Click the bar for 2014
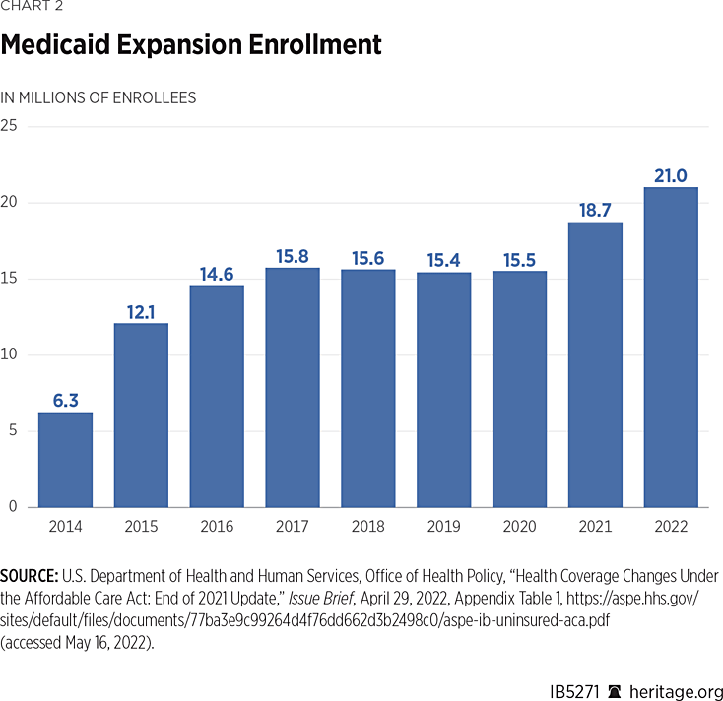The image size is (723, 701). (65, 459)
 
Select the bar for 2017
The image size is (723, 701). (293, 387)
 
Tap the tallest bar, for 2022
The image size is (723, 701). (670, 347)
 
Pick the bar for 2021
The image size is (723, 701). (594, 364)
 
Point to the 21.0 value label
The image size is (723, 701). (670, 175)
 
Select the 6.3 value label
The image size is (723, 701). (65, 400)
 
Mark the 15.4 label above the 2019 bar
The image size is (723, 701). (443, 260)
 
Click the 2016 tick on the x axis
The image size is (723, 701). (217, 527)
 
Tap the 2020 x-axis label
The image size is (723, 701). (519, 527)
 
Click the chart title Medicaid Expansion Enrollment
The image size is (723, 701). (191, 45)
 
